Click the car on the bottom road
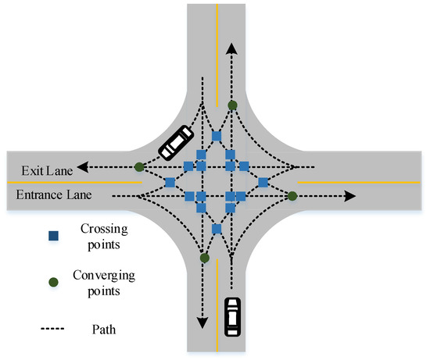point(232,315)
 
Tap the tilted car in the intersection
point(175,141)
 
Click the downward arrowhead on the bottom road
point(202,322)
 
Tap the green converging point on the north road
point(232,105)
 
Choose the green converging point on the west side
point(139,166)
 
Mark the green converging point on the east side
point(292,195)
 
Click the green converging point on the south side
point(203,257)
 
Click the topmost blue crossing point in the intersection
point(217,137)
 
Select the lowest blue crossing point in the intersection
point(217,229)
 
